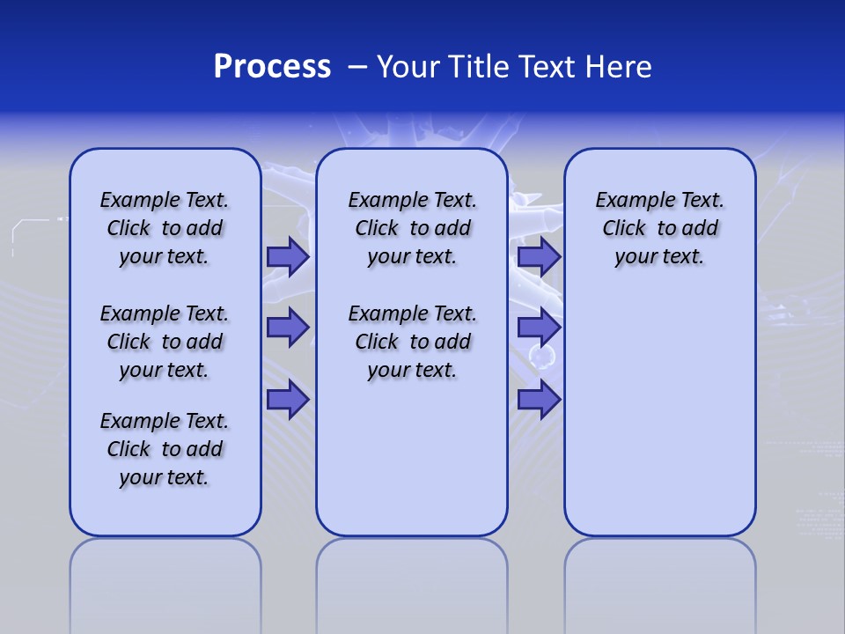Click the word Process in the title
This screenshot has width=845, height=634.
coord(272,67)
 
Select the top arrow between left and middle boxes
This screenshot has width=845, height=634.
coord(288,256)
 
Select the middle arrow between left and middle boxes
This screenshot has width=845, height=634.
coord(288,328)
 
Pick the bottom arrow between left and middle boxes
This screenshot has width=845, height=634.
coord(288,400)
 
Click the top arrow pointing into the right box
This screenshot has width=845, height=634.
coord(539,256)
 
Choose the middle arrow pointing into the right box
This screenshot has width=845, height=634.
coord(539,328)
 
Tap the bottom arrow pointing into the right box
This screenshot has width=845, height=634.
coord(539,400)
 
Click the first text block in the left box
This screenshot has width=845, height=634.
coord(165,228)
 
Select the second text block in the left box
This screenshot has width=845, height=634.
coord(165,342)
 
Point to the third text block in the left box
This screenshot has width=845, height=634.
coord(165,449)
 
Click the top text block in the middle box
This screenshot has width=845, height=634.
coord(412,228)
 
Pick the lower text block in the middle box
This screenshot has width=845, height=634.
coord(412,342)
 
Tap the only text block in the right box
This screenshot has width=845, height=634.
coord(659,228)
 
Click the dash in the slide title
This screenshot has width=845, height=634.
coord(357,68)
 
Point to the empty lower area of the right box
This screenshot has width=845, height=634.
coord(659,414)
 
